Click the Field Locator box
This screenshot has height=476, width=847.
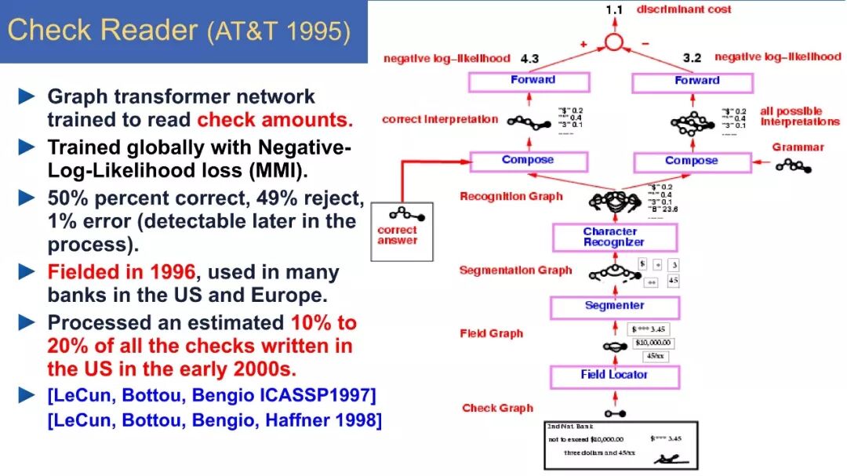pos(613,376)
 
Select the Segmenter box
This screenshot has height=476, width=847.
pos(614,307)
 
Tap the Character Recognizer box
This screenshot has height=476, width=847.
pos(614,237)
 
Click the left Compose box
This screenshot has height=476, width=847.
pos(528,161)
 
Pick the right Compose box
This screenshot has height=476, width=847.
pos(691,162)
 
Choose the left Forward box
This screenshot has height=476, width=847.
pos(533,81)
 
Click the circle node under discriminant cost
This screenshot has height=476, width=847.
pos(614,42)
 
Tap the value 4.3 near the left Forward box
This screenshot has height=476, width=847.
pos(531,58)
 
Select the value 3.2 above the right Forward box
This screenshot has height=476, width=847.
pos(693,58)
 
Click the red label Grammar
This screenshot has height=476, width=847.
pos(798,147)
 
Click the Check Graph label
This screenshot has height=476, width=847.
pos(497,408)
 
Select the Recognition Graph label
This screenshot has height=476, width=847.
pos(511,196)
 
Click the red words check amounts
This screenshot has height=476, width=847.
pos(274,120)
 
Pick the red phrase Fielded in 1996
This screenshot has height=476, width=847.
pos(122,273)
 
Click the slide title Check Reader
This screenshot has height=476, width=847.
pos(103,31)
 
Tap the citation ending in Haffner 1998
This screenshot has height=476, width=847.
pos(214,420)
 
